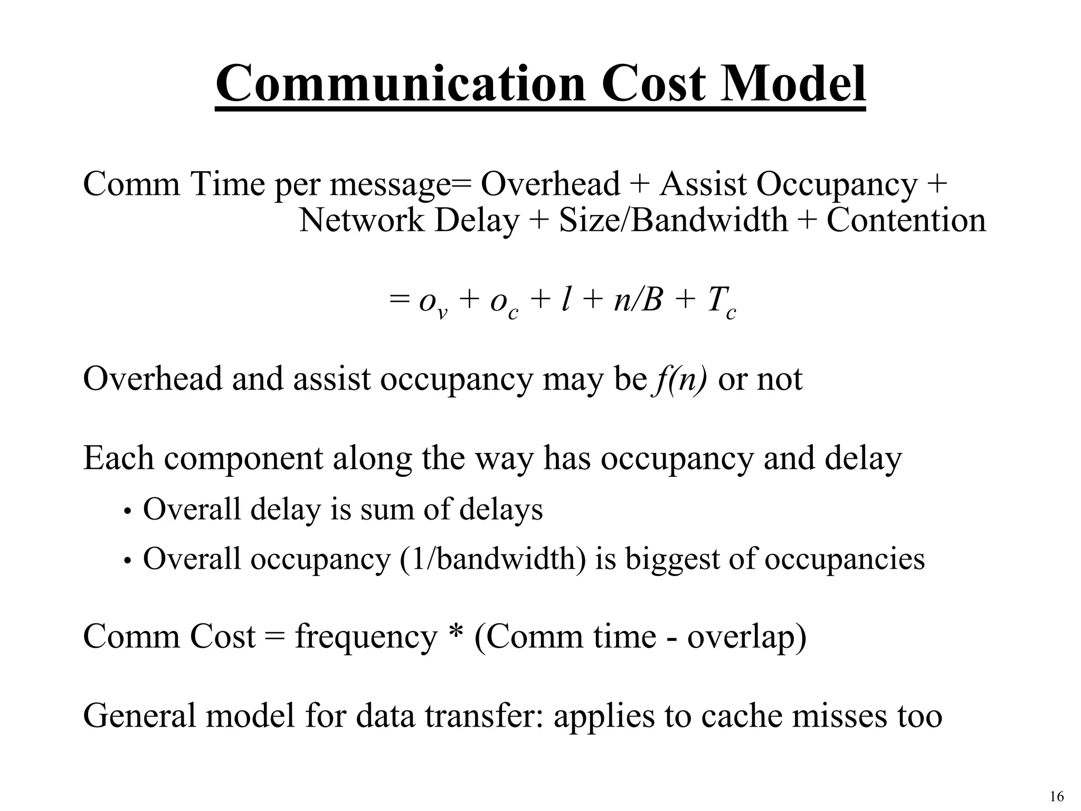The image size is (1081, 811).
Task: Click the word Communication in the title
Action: click(x=401, y=84)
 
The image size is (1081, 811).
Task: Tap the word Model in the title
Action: click(x=792, y=84)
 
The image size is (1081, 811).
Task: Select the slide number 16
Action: click(x=1057, y=797)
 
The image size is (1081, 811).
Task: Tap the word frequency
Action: click(x=366, y=637)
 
